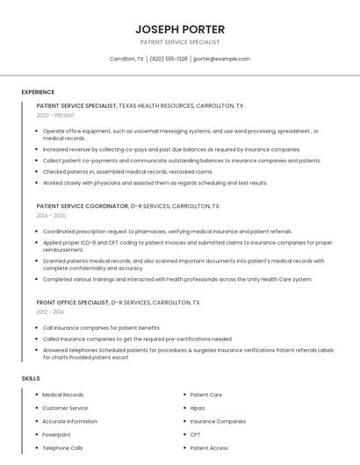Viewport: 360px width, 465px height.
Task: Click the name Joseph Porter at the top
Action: pos(179,29)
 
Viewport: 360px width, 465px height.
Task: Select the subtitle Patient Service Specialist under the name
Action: pos(179,42)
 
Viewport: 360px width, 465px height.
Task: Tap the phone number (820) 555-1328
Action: pos(169,59)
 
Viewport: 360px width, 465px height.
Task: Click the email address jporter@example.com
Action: pos(221,59)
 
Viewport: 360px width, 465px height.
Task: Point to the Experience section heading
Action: pos(38,91)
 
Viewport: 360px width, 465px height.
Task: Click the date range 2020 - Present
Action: pos(55,115)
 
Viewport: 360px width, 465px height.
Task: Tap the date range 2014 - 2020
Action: pos(51,215)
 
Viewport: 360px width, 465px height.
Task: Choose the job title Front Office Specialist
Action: pos(72,302)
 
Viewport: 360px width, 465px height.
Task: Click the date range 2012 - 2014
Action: pos(50,311)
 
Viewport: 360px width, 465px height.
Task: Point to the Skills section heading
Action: pos(31,378)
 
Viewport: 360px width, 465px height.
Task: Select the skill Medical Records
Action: pos(63,395)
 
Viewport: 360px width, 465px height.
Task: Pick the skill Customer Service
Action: pos(65,408)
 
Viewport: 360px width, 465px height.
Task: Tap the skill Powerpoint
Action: pos(56,434)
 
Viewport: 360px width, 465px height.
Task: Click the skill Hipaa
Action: pos(198,408)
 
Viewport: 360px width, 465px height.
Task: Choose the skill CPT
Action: pos(195,434)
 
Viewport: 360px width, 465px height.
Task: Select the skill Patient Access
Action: pos(209,447)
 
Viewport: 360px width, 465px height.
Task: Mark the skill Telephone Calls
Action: pos(62,447)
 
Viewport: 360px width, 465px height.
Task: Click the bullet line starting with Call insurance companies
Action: pos(101,327)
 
